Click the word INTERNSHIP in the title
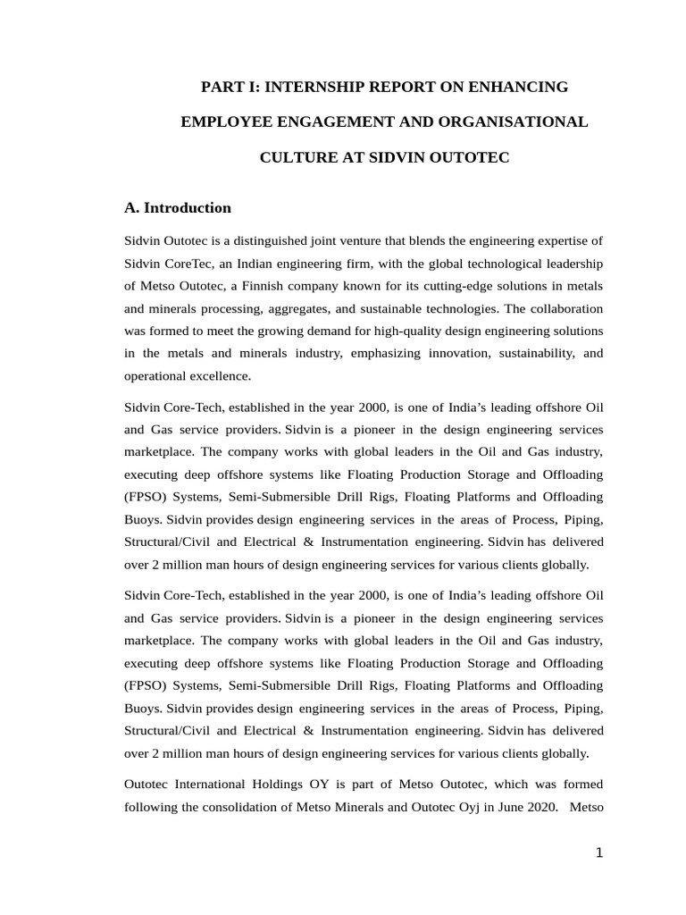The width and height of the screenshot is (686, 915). click(308, 87)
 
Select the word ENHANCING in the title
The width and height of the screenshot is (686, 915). click(523, 87)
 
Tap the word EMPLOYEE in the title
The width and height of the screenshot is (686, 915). click(223, 122)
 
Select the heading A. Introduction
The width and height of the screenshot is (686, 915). click(178, 208)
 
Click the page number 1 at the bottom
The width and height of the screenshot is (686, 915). click(599, 853)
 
